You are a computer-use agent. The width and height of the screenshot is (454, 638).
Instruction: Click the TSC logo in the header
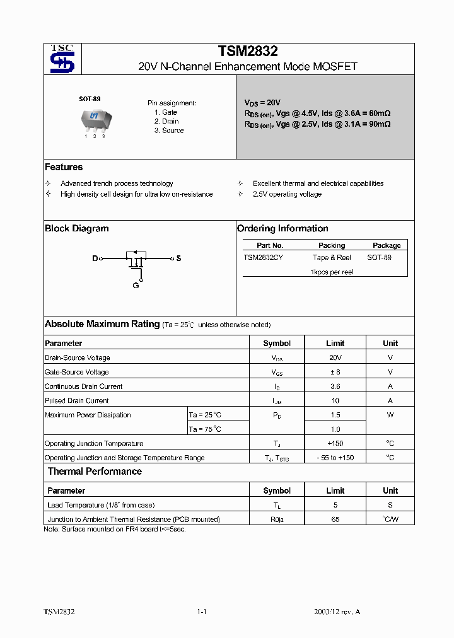(x=62, y=59)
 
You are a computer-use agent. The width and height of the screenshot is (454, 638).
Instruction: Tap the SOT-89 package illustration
(x=94, y=119)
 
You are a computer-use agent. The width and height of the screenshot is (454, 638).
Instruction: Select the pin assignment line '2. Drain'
(x=166, y=121)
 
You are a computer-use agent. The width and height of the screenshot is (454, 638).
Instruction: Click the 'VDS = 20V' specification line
(x=262, y=102)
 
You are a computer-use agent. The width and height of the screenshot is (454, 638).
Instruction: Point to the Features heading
(x=64, y=167)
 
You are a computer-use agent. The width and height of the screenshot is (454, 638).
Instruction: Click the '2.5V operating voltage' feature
(x=287, y=194)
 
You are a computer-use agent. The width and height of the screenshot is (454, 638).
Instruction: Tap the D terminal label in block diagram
(x=95, y=258)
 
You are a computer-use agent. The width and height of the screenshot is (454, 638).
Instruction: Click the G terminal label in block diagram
(x=136, y=286)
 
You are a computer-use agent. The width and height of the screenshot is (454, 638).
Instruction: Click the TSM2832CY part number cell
(x=263, y=257)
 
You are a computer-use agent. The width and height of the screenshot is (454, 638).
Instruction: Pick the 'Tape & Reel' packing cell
(x=332, y=257)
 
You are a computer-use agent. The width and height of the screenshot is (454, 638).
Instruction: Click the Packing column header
(x=332, y=245)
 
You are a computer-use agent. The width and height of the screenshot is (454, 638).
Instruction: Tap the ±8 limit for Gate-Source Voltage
(x=335, y=372)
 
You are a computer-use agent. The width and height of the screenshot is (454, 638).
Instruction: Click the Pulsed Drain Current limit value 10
(x=335, y=400)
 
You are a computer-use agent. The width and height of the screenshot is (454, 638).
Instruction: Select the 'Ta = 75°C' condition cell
(x=205, y=429)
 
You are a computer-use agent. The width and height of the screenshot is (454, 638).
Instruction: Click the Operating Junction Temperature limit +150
(x=335, y=443)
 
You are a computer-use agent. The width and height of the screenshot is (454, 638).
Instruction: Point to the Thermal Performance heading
(x=95, y=472)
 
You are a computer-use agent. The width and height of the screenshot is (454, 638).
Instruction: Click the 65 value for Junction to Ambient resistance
(x=335, y=519)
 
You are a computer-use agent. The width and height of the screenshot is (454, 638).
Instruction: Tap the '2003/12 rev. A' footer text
(x=337, y=612)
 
